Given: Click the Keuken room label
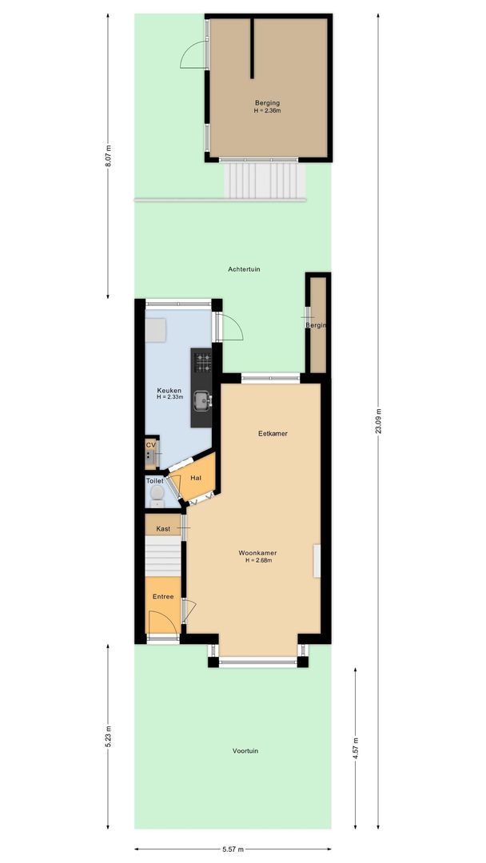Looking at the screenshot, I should point(169,390).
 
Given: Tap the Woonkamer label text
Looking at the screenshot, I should point(258,552).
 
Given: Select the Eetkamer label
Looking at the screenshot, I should point(273,434).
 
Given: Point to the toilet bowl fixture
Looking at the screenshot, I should point(157,498).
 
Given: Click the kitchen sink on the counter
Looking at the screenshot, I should point(203,400).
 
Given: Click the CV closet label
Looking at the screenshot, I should point(151,445).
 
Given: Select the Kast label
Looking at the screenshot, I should point(163,529).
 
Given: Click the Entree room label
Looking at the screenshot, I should point(163,597).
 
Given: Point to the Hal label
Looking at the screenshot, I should point(196,478).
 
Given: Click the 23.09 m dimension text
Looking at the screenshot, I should point(379,420).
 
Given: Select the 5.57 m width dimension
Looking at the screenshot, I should point(232,849).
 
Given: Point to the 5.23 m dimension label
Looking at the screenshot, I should point(109,737).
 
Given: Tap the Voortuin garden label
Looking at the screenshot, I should point(245,751).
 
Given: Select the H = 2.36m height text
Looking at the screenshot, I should point(267,111).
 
